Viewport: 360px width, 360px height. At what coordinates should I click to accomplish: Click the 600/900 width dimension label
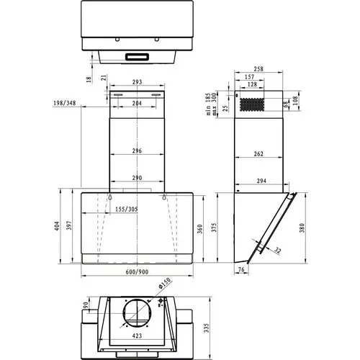pyautogui.click(x=136, y=271)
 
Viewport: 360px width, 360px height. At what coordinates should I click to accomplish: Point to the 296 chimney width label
pyautogui.click(x=136, y=151)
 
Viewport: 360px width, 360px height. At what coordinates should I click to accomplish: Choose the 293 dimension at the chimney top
pyautogui.click(x=136, y=82)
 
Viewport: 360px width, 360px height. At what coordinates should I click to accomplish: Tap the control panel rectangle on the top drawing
pyautogui.click(x=136, y=55)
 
